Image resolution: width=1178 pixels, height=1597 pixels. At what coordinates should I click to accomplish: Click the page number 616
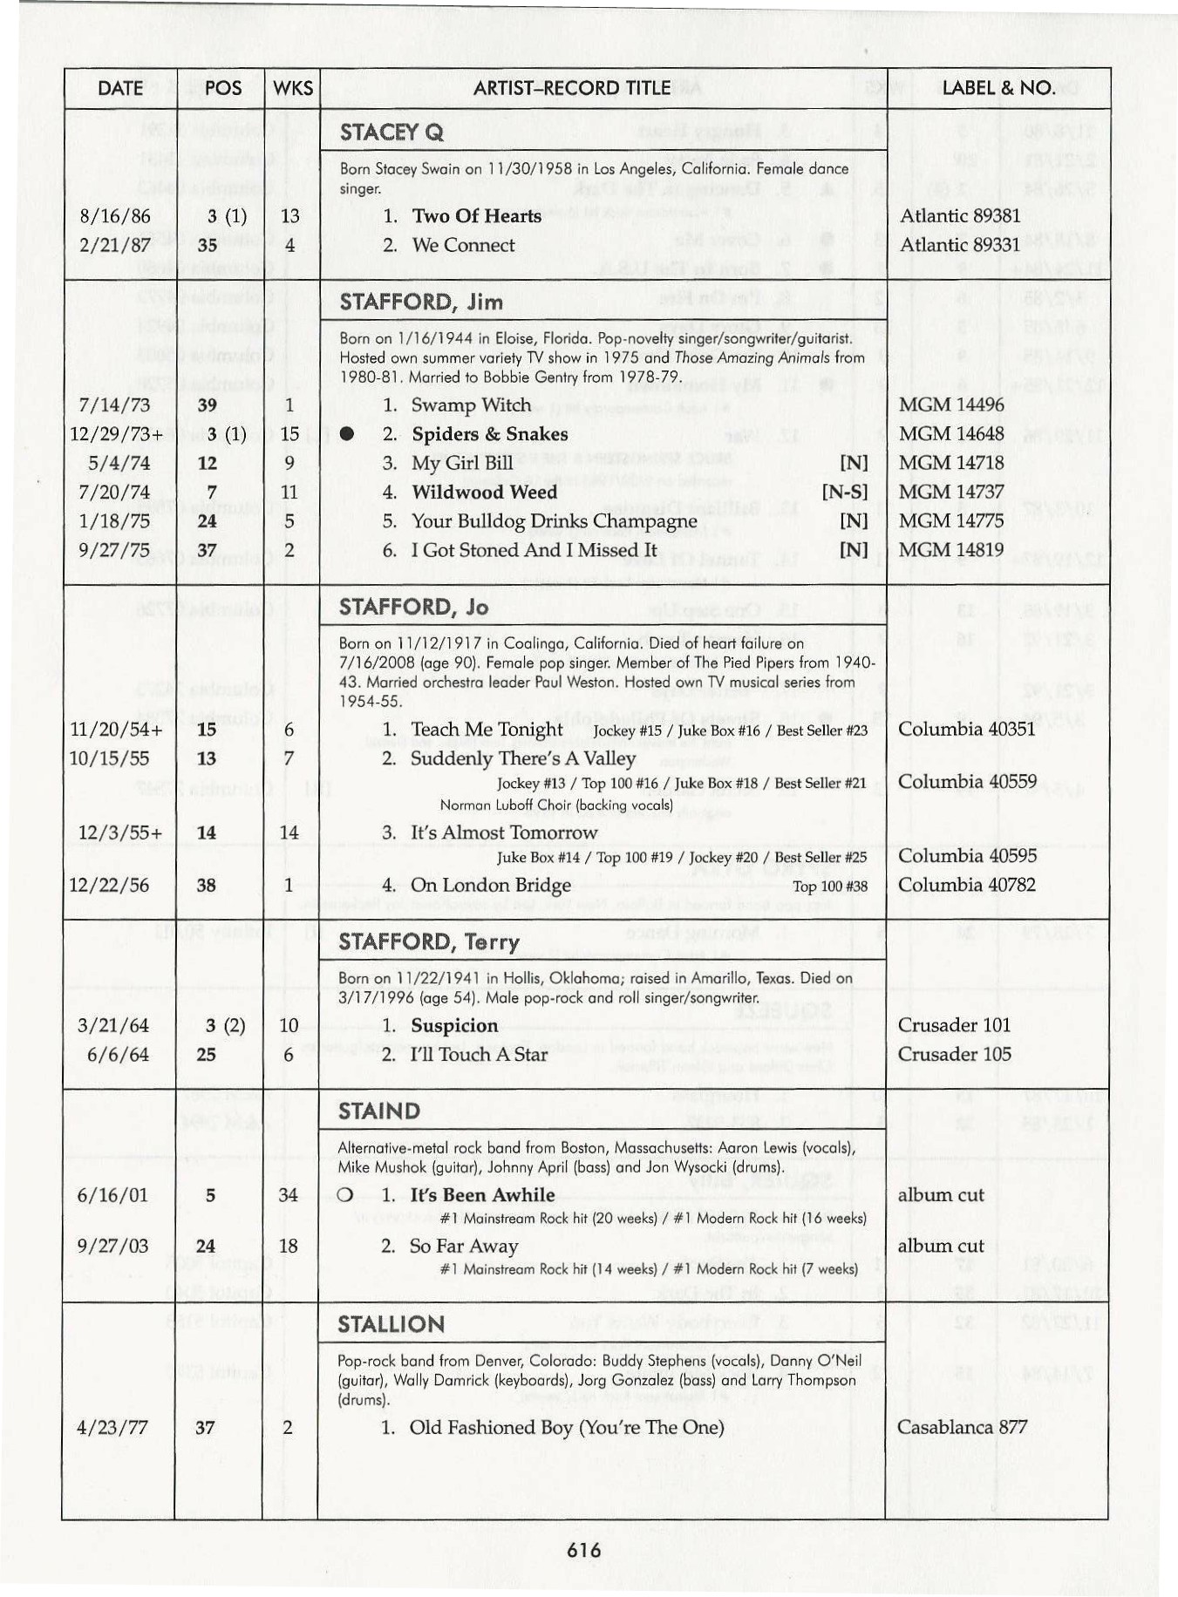tap(583, 1549)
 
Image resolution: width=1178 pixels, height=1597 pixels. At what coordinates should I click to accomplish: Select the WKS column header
tap(292, 88)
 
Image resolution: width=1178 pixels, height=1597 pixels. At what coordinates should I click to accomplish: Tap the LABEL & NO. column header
tap(998, 88)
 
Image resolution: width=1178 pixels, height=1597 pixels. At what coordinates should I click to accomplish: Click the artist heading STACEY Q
tap(392, 133)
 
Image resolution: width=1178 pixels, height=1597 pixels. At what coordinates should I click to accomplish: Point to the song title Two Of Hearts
tap(476, 216)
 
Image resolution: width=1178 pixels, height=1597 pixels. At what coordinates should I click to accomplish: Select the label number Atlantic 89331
tap(959, 245)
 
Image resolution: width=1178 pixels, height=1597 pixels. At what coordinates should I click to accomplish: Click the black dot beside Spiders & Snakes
tap(347, 434)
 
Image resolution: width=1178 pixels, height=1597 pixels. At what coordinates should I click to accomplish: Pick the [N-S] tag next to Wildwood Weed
tap(844, 493)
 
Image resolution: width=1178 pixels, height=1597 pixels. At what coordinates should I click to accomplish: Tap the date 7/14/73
tap(114, 405)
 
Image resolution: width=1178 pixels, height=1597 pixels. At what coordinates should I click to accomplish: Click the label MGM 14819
tap(951, 550)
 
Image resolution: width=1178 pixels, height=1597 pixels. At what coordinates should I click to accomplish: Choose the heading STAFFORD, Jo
tap(413, 608)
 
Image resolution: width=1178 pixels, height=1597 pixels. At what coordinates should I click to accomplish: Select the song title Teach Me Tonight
tap(487, 730)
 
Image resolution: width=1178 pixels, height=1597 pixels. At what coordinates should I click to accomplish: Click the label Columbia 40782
tap(966, 885)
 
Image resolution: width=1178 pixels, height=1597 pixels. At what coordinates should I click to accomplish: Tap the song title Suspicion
tap(454, 1026)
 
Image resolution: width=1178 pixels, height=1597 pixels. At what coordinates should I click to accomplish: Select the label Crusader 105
tap(954, 1055)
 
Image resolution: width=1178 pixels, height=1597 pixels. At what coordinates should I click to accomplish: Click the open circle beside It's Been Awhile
tap(345, 1195)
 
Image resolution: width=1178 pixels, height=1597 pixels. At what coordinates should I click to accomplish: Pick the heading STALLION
tap(391, 1325)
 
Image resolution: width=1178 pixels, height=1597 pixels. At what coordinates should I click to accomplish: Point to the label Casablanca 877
tap(962, 1428)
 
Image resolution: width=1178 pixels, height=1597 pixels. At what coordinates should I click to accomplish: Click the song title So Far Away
tap(464, 1247)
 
